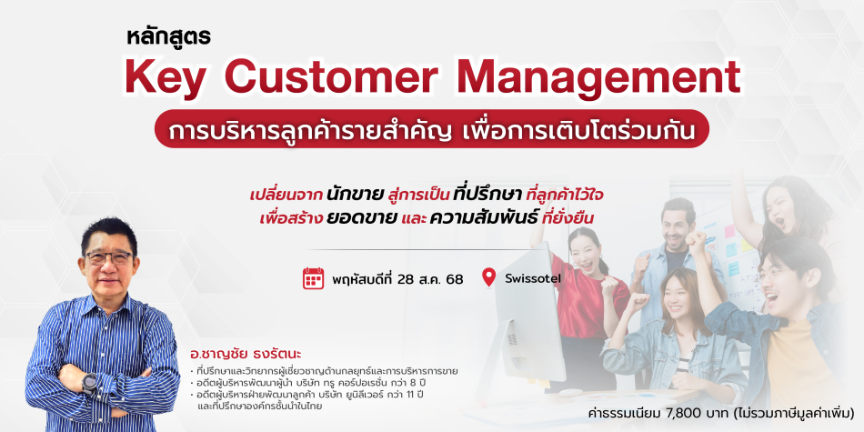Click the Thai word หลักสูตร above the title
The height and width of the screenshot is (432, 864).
tap(169, 37)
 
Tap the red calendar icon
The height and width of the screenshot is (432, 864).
tap(313, 278)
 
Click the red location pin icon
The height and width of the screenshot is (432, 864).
tap(488, 277)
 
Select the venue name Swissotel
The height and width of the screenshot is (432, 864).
tap(533, 278)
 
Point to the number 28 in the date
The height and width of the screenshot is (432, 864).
tap(413, 279)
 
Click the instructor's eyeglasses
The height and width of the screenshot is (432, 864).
tap(108, 258)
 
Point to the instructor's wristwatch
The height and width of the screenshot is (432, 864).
tap(90, 383)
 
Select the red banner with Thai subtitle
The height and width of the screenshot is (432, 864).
tap(431, 128)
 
